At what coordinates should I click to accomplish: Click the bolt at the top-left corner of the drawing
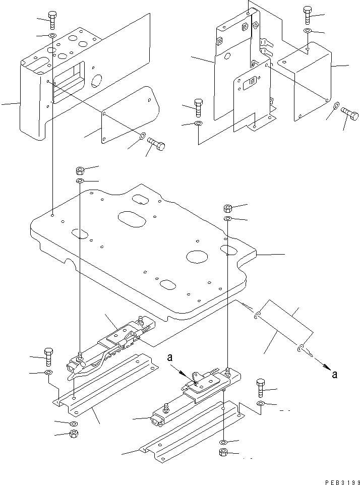(x=52, y=20)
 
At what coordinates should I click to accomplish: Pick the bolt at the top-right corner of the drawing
(x=308, y=16)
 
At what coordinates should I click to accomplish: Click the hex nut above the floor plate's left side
(x=80, y=169)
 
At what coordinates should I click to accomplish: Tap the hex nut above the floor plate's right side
(x=227, y=208)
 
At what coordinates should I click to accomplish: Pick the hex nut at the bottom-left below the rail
(x=73, y=434)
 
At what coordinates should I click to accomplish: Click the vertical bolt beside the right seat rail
(x=261, y=388)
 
